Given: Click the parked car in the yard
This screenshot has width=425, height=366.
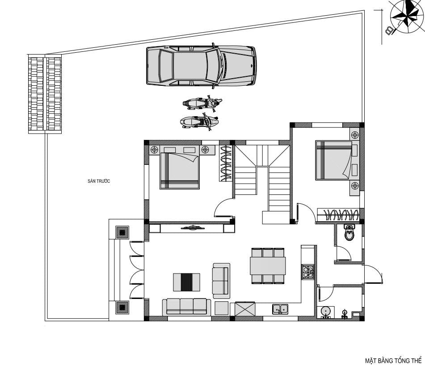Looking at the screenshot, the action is (201, 66).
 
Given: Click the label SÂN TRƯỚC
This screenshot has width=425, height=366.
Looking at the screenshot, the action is (99, 181).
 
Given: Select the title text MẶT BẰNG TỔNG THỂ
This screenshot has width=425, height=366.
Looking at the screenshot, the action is (393, 361).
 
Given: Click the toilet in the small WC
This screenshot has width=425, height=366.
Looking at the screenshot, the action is (349, 233).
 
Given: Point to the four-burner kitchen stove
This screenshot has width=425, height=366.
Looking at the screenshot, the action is (308, 272).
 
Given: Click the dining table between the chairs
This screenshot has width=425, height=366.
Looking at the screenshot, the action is (268, 266).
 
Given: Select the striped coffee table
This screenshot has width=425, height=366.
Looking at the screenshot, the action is (186, 282).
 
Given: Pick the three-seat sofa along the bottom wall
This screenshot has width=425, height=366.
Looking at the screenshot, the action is (186, 307).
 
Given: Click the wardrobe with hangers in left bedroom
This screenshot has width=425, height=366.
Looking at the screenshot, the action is (226, 164).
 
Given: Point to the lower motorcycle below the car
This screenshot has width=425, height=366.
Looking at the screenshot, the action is (199, 122).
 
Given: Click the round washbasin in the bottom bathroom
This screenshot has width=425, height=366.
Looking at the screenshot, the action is (325, 311).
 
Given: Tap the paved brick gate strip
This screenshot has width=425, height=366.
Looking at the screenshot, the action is (45, 94).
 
